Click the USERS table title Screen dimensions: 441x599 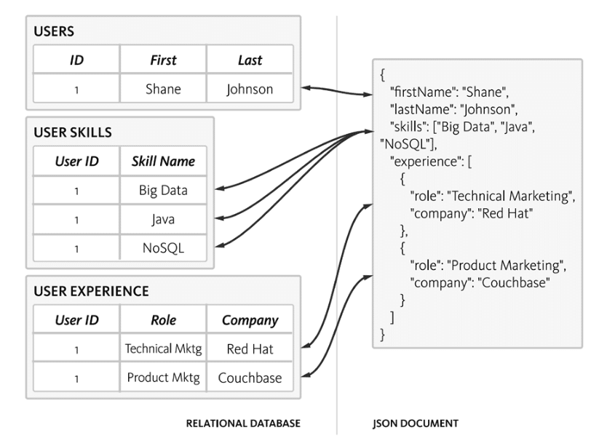(x=55, y=32)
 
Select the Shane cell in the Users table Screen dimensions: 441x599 (x=163, y=90)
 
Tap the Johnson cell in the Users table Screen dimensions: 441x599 (x=250, y=90)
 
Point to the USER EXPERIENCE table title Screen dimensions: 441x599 (x=91, y=291)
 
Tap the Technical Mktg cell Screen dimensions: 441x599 (x=163, y=349)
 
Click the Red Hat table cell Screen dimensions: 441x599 (x=250, y=349)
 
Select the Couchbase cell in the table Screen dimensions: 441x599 (x=250, y=378)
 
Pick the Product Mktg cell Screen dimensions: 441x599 (x=163, y=378)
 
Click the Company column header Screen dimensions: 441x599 (x=250, y=319)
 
